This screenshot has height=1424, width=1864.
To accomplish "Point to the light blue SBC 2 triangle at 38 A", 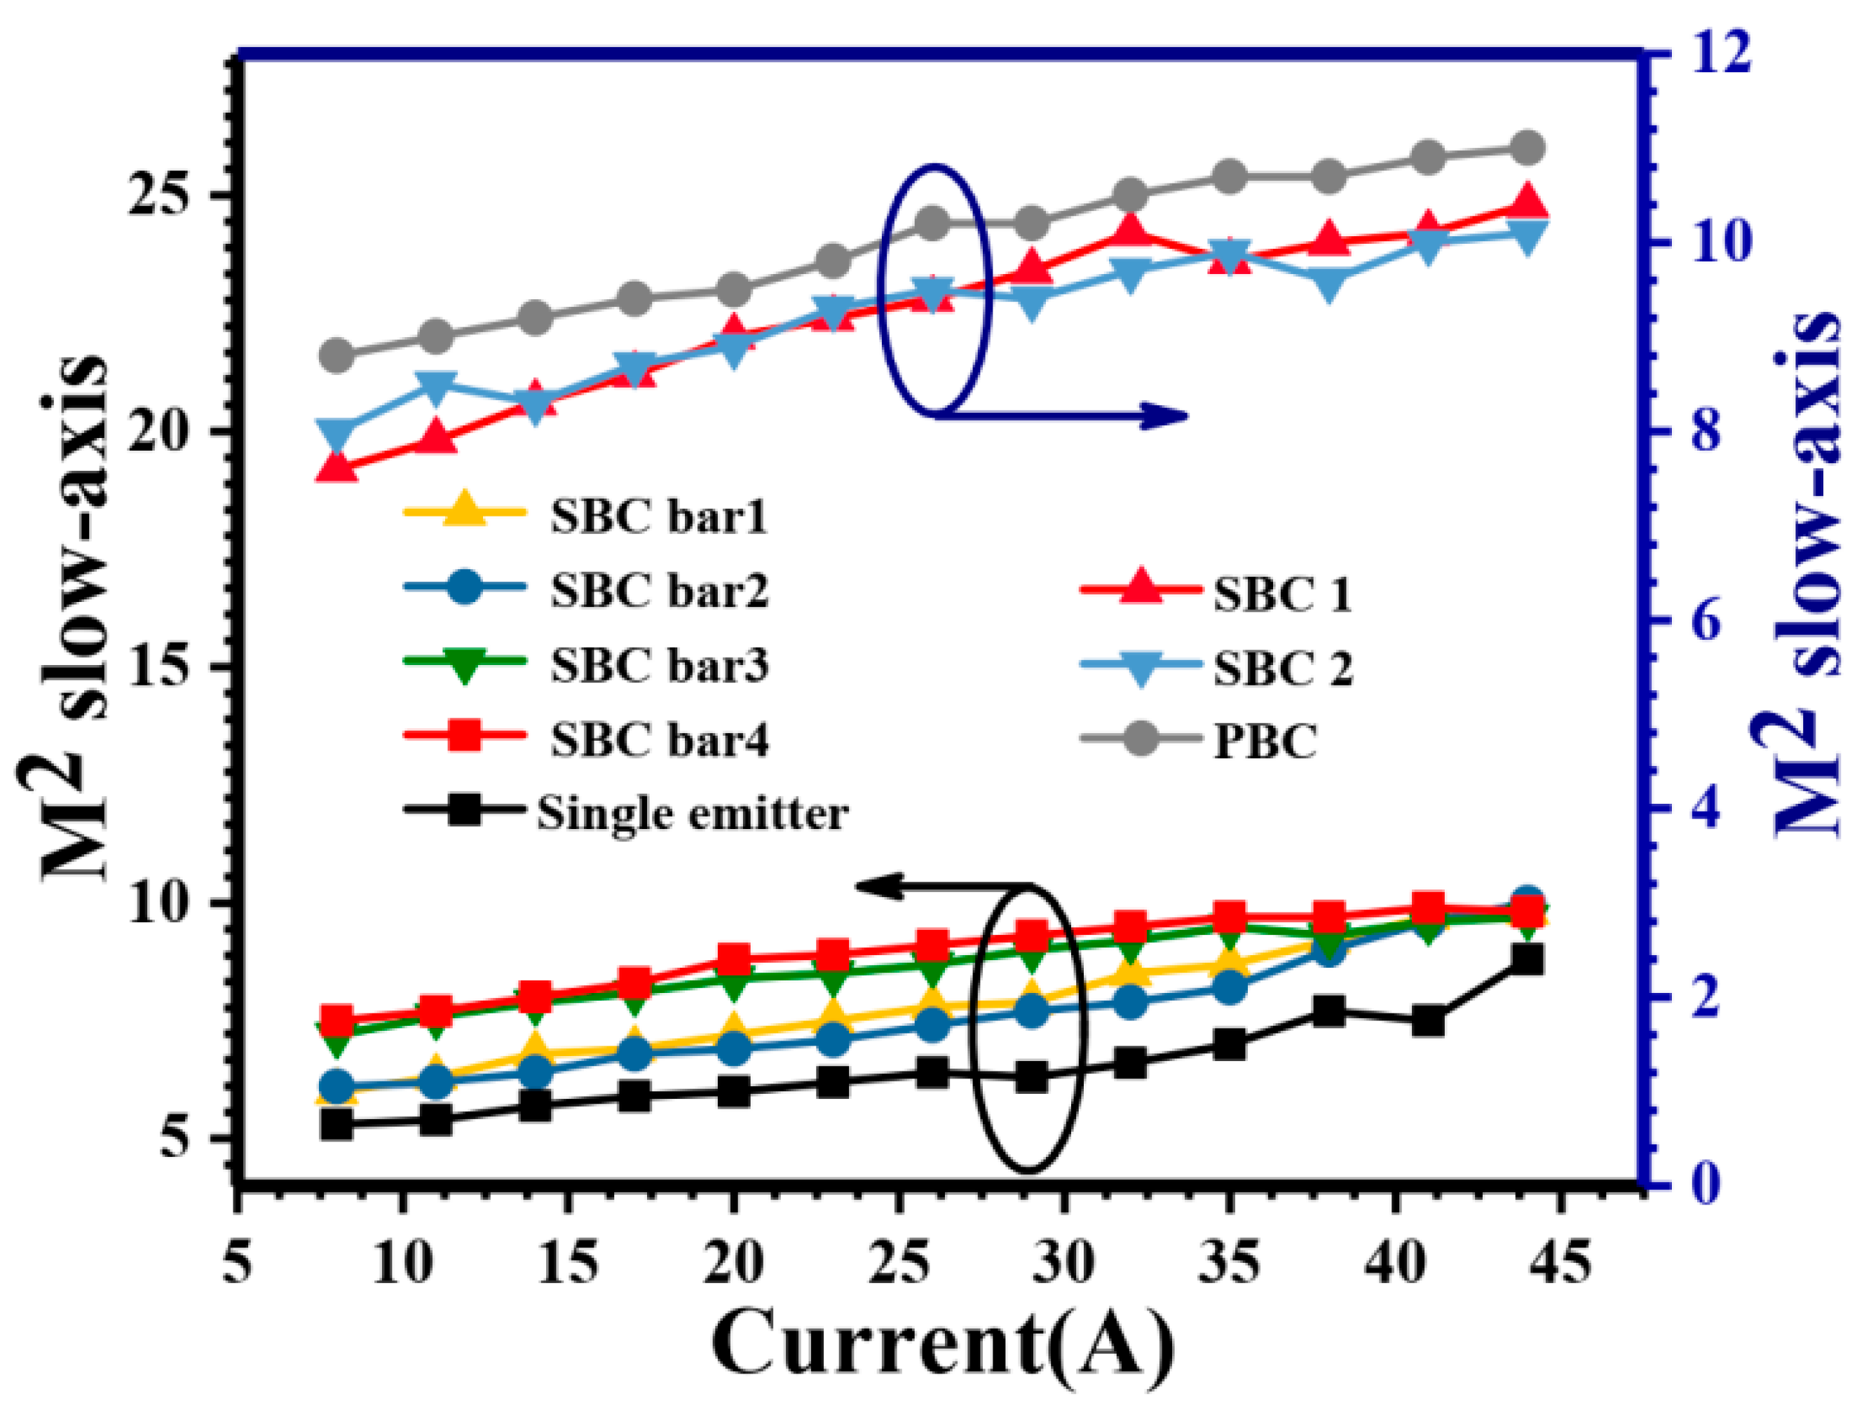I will (x=1329, y=282).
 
